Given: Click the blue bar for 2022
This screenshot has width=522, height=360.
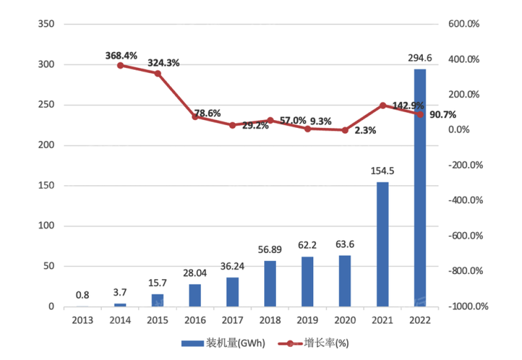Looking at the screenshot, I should click(x=420, y=188).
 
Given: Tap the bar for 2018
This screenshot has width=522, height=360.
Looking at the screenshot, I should click(x=270, y=284).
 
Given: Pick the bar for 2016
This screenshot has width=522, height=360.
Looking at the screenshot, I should click(x=195, y=295).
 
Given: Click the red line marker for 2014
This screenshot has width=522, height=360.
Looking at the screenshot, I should click(x=120, y=66).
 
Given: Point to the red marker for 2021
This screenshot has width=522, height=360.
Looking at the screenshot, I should click(x=383, y=105).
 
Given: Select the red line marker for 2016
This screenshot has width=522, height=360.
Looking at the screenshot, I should click(x=195, y=117).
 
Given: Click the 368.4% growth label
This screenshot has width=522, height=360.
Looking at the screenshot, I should click(x=121, y=54).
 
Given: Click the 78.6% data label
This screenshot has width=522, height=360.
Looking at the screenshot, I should click(x=207, y=113).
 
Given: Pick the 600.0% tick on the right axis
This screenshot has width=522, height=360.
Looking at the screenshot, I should click(x=467, y=24).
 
